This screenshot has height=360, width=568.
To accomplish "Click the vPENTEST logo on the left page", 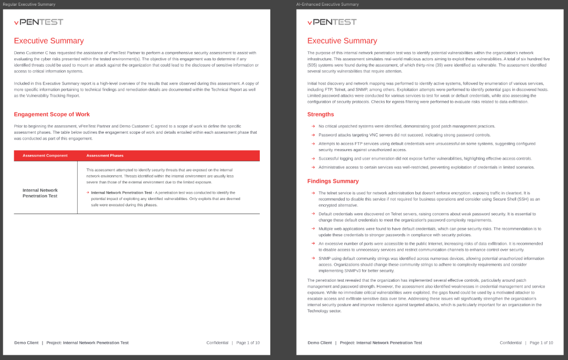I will click(38, 22).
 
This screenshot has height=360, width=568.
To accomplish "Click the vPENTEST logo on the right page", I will click(332, 22).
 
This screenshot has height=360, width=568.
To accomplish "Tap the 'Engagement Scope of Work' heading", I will click(51, 114).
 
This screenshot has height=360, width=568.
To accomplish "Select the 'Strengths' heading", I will click(320, 114).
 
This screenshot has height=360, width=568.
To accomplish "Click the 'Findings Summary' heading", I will click(333, 181).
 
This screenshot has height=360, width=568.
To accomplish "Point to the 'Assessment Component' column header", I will click(45, 155).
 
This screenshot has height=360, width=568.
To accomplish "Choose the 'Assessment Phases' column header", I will click(105, 155).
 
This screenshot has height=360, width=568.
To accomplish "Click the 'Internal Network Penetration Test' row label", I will click(40, 193).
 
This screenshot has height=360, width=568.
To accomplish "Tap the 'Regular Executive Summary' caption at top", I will click(29, 4).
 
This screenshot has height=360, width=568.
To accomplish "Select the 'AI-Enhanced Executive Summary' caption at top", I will click(328, 4).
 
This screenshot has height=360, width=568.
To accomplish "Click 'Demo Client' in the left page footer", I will click(26, 343).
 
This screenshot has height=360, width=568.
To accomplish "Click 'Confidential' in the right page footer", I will click(511, 343).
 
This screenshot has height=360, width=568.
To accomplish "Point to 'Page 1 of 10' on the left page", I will click(248, 343).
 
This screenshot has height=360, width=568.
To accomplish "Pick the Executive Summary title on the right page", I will click(342, 41).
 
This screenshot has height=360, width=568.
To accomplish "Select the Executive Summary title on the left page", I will click(48, 41).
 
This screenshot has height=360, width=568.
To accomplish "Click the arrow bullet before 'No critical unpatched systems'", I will click(313, 126).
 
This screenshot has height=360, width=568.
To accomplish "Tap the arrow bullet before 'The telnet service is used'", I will click(313, 193).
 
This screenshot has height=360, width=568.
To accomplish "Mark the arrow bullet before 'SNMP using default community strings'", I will click(313, 258).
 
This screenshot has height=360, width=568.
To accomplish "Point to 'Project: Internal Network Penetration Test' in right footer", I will click(381, 343).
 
